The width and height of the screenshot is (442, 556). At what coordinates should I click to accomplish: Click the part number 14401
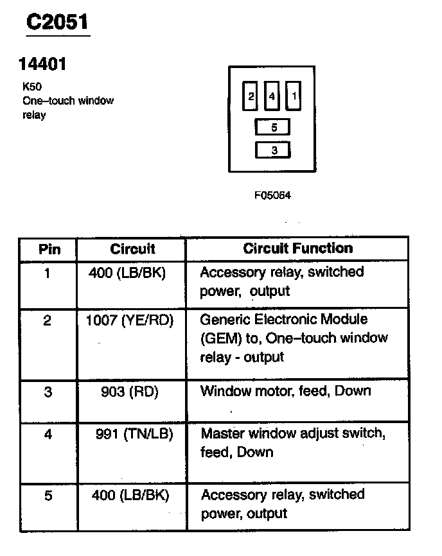pyautogui.click(x=42, y=64)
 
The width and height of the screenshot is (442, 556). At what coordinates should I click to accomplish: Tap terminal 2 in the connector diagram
pyautogui.click(x=251, y=97)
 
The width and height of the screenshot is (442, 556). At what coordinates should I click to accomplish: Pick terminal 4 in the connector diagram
pyautogui.click(x=272, y=97)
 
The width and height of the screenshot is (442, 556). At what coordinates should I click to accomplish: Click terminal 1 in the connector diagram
pyautogui.click(x=294, y=97)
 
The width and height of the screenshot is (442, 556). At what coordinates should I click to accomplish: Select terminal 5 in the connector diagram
pyautogui.click(x=273, y=127)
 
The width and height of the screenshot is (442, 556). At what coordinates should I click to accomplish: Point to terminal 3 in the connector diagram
pyautogui.click(x=273, y=151)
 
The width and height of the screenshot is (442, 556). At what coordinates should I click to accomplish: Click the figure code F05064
pyautogui.click(x=272, y=195)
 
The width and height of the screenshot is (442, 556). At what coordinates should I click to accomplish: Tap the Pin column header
pyautogui.click(x=49, y=249)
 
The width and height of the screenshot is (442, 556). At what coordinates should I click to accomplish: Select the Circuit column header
pyautogui.click(x=132, y=248)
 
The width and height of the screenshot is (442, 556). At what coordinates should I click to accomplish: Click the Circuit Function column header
pyautogui.click(x=297, y=248)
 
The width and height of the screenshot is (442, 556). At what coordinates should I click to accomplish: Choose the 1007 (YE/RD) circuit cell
pyautogui.click(x=130, y=320)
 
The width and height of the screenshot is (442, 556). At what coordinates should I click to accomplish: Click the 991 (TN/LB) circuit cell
pyautogui.click(x=132, y=434)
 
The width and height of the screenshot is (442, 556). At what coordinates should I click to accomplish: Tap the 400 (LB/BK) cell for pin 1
pyautogui.click(x=131, y=272)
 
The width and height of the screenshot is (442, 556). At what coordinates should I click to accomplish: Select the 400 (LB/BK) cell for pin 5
pyautogui.click(x=131, y=495)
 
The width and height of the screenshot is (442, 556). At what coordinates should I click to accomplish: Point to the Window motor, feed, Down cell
pyautogui.click(x=286, y=391)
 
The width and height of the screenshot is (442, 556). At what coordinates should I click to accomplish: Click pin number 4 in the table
pyautogui.click(x=48, y=435)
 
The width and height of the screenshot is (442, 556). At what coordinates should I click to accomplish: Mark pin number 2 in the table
pyautogui.click(x=48, y=320)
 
